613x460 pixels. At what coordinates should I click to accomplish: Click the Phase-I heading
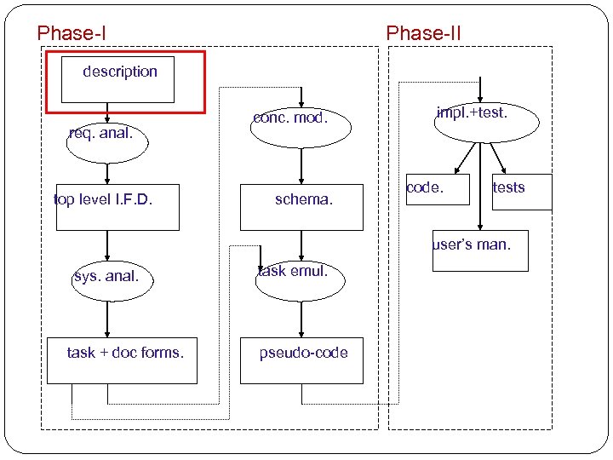pos(72,33)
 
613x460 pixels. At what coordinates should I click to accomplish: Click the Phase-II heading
pos(423,33)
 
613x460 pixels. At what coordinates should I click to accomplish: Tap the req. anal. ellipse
pos(106,140)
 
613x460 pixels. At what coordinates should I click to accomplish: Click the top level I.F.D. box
pos(117,207)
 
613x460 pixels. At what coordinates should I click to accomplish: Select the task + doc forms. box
pos(125,359)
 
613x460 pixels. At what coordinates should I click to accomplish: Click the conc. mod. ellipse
pos(301,124)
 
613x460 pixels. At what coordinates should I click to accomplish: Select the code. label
pos(425,187)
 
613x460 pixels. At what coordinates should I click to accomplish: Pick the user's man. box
pos(479,250)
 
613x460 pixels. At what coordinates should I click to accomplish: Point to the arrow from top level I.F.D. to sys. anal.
pos(107,245)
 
